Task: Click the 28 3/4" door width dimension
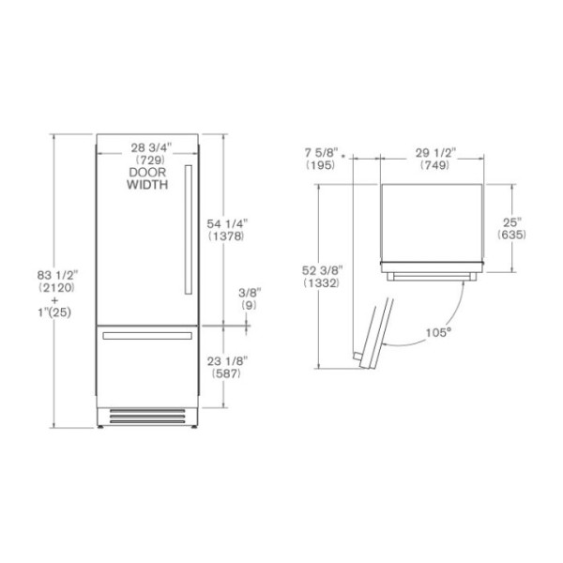click(151, 147)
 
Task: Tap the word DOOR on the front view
click(147, 173)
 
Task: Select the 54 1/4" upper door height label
click(227, 223)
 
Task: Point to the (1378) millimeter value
click(226, 236)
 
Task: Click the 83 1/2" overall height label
click(57, 275)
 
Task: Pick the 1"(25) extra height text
click(54, 312)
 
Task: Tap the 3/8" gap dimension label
click(250, 293)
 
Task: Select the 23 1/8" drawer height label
click(227, 361)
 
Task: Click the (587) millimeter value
click(226, 373)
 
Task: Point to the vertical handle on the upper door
click(189, 230)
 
